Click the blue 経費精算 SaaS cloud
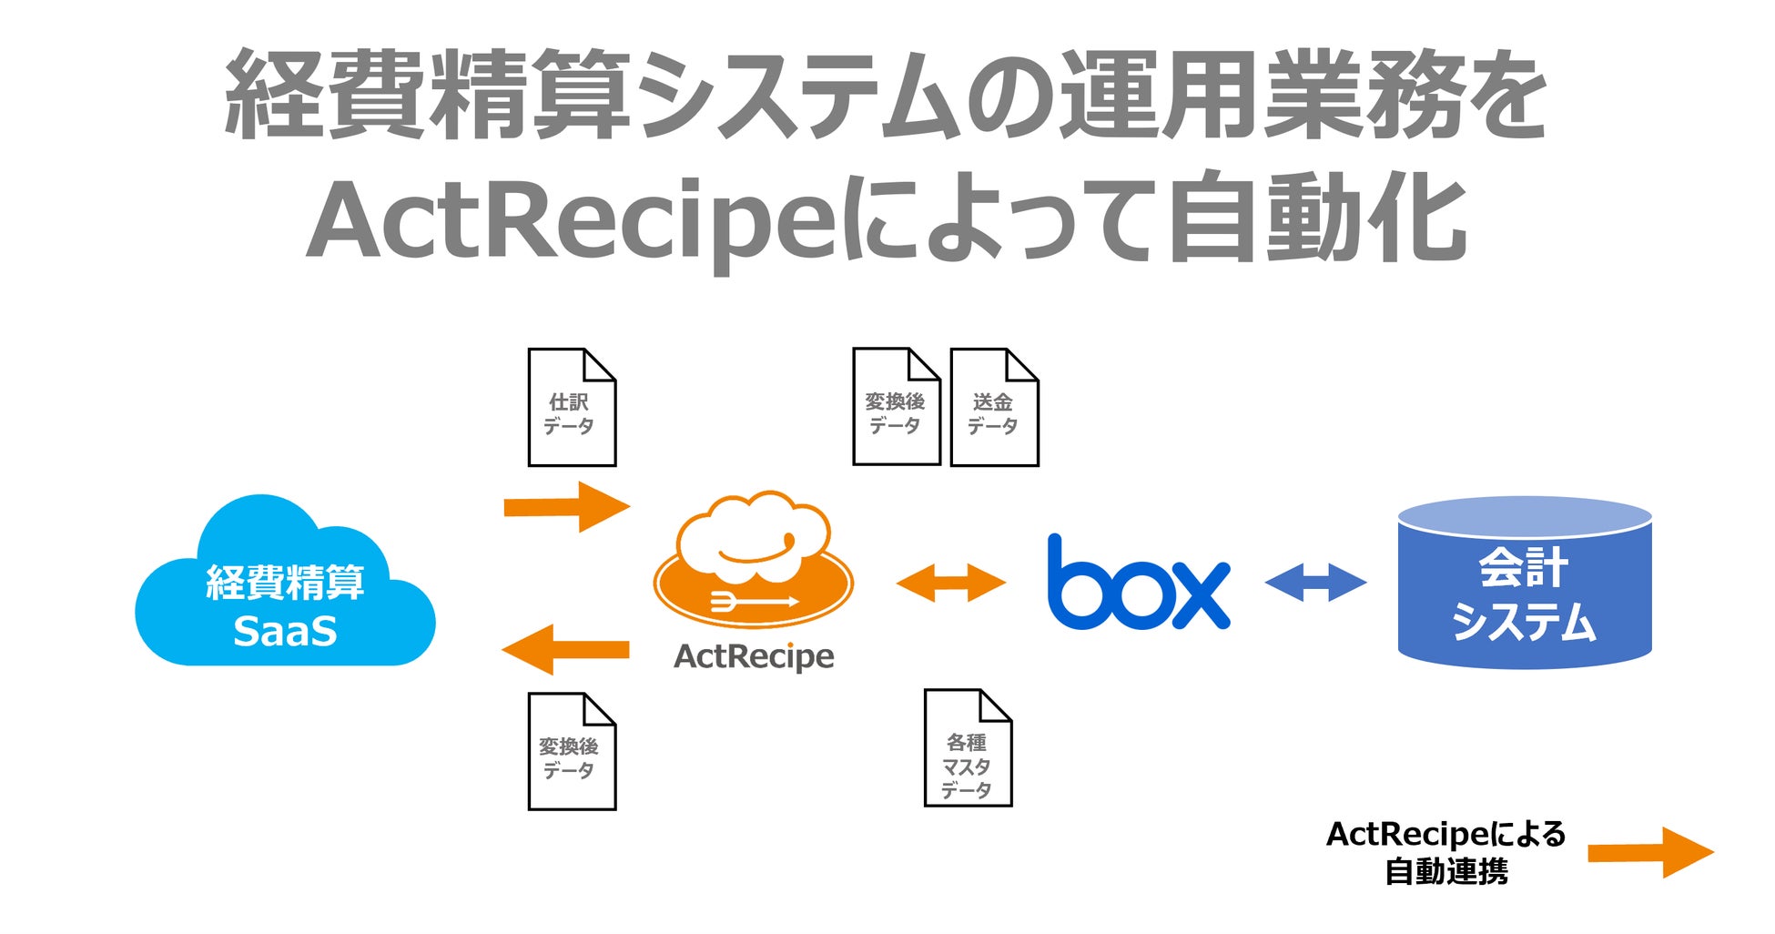(284, 592)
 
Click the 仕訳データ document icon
(572, 408)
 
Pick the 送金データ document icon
(994, 408)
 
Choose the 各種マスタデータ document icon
(968, 748)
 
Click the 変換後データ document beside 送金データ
(896, 407)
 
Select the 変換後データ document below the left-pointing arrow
(572, 752)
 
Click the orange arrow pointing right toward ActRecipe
(566, 506)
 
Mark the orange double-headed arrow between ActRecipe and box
(950, 583)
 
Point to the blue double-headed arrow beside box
(1315, 583)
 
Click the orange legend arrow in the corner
(1649, 852)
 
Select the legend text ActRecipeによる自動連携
(1445, 852)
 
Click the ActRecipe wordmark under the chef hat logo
(754, 656)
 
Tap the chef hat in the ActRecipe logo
(754, 537)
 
